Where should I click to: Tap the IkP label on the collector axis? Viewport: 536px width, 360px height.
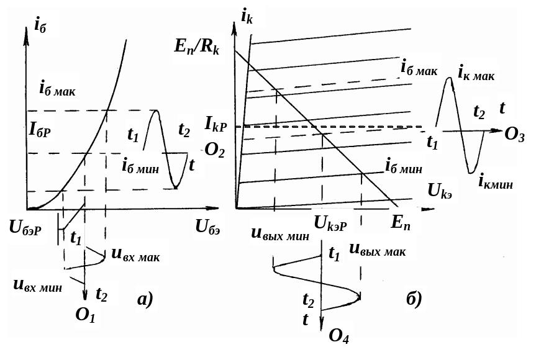click(x=216, y=124)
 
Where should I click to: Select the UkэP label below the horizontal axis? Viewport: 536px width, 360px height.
click(x=330, y=225)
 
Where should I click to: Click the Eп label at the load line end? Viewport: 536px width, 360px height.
click(x=401, y=223)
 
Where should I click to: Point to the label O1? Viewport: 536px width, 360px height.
click(x=85, y=315)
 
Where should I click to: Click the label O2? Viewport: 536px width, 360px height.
click(x=215, y=150)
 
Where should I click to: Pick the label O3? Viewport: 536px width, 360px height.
click(x=514, y=135)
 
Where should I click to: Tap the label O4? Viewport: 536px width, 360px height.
click(x=338, y=336)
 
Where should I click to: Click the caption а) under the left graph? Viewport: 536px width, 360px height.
click(x=145, y=300)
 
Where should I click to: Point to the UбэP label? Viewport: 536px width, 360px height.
click(x=25, y=228)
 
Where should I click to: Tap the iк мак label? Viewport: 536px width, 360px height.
click(x=476, y=74)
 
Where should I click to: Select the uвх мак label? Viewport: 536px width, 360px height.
click(x=136, y=255)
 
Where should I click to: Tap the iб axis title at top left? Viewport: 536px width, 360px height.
click(x=40, y=25)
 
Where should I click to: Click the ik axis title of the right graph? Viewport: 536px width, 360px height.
click(x=247, y=16)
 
